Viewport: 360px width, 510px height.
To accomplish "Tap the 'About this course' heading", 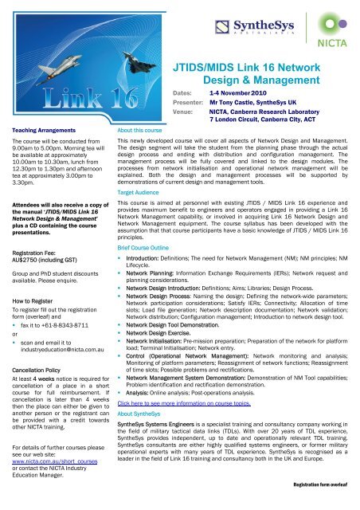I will tap(139, 128).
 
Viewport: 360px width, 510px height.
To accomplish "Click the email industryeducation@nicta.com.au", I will tap(65, 350).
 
